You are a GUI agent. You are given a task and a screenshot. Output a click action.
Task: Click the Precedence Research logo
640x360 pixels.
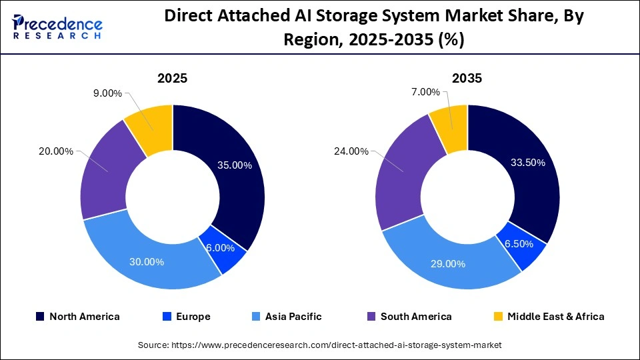(x=57, y=27)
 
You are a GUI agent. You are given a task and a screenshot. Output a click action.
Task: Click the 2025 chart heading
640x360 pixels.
(x=172, y=78)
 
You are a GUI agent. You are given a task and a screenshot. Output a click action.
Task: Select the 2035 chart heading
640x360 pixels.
(x=467, y=78)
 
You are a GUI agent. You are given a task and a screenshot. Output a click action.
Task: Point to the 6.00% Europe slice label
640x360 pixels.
(x=221, y=247)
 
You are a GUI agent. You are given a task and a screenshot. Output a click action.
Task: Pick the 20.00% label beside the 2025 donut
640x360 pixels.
(x=56, y=151)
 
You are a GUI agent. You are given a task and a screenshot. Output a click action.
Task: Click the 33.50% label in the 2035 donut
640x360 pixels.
(x=527, y=162)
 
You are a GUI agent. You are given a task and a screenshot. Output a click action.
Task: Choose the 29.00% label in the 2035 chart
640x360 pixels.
(x=447, y=263)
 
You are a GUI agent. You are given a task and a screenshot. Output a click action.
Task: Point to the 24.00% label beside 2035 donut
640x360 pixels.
(x=351, y=151)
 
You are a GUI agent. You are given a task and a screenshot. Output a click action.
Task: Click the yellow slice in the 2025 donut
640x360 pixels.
(x=151, y=123)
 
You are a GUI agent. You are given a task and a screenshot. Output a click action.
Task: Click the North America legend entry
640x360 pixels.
(x=77, y=317)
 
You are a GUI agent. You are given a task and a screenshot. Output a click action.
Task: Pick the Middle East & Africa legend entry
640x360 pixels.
(x=548, y=317)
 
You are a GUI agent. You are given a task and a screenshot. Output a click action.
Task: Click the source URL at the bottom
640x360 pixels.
(x=319, y=345)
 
